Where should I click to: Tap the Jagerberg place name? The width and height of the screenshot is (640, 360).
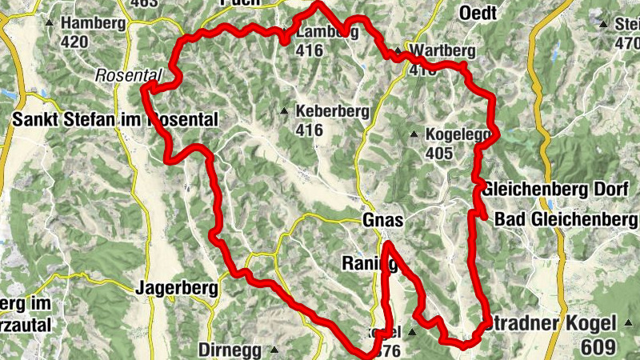pos(170,288)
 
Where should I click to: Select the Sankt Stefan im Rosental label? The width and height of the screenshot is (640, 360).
pos(115,120)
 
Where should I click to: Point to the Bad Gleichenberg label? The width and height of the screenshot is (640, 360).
pos(566,219)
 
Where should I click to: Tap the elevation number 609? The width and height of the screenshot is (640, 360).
pos(599,347)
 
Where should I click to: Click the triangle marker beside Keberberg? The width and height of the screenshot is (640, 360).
pos(284,111)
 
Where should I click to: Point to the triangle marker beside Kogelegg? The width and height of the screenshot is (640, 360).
pos(414,134)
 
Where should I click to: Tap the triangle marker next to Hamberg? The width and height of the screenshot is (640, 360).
pos(50,23)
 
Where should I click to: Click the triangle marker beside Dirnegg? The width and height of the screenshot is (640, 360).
pos(274,350)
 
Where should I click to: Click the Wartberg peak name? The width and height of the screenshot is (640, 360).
pos(442,51)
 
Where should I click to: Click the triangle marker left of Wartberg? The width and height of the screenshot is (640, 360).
pos(398,51)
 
